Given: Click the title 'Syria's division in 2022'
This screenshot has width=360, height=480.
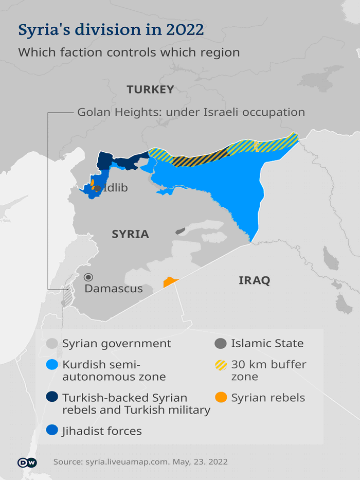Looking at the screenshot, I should coord(111,30).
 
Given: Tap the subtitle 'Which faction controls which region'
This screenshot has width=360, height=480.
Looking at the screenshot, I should coord(129,52).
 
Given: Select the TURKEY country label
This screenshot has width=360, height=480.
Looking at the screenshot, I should coord(150,90).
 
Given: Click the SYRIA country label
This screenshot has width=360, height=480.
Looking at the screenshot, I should coord(130,234).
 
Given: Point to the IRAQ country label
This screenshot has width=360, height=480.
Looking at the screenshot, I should coord(254,280).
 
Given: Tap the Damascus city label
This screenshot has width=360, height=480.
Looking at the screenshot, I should coord(113,289).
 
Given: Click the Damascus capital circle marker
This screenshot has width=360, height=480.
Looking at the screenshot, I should coord(89,277).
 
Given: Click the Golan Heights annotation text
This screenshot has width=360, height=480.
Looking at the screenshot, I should coord(191,112).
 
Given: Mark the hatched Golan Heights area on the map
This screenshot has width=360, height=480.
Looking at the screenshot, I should coord(67,297).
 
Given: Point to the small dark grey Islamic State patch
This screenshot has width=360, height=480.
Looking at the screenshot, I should coord(180,232).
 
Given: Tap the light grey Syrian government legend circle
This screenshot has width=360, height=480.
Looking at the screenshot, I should coord(52,344).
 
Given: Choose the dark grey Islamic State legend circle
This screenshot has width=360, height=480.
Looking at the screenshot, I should coord(221,344).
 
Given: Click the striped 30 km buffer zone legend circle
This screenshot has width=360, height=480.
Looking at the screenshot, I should coord(221,365).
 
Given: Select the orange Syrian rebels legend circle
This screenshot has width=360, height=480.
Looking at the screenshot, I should coord(221,398).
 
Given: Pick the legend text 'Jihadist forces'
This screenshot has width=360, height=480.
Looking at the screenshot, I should coord(102,431).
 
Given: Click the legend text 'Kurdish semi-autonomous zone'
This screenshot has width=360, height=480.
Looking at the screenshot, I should coord(114,370).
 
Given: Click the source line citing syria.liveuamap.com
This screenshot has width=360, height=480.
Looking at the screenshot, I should coord(140,462).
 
